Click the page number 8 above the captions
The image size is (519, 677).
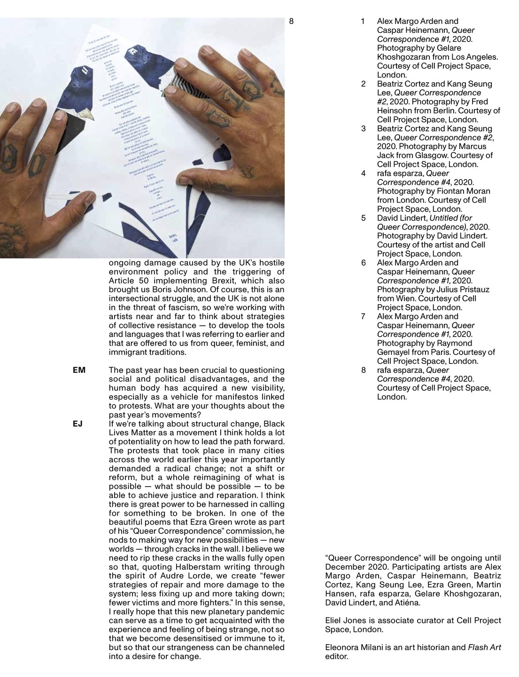click(x=291, y=21)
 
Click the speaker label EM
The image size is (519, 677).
click(x=79, y=370)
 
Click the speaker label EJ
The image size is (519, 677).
click(x=77, y=424)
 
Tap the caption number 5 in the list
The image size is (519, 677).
click(x=364, y=218)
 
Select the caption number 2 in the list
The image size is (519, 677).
click(x=364, y=84)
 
